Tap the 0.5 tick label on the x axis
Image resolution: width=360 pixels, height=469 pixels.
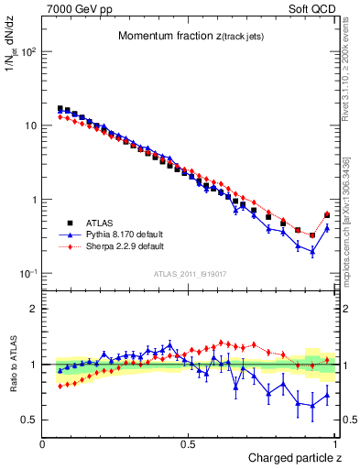point(189,443)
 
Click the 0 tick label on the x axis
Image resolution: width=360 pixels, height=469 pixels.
point(43,443)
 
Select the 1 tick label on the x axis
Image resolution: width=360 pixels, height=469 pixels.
point(335,443)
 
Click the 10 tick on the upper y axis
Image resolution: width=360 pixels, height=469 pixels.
point(30,125)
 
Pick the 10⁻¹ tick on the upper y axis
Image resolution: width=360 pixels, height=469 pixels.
point(28,274)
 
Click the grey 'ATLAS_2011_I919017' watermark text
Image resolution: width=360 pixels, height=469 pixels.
point(189,272)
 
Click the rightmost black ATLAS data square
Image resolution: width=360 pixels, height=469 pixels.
point(327,216)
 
